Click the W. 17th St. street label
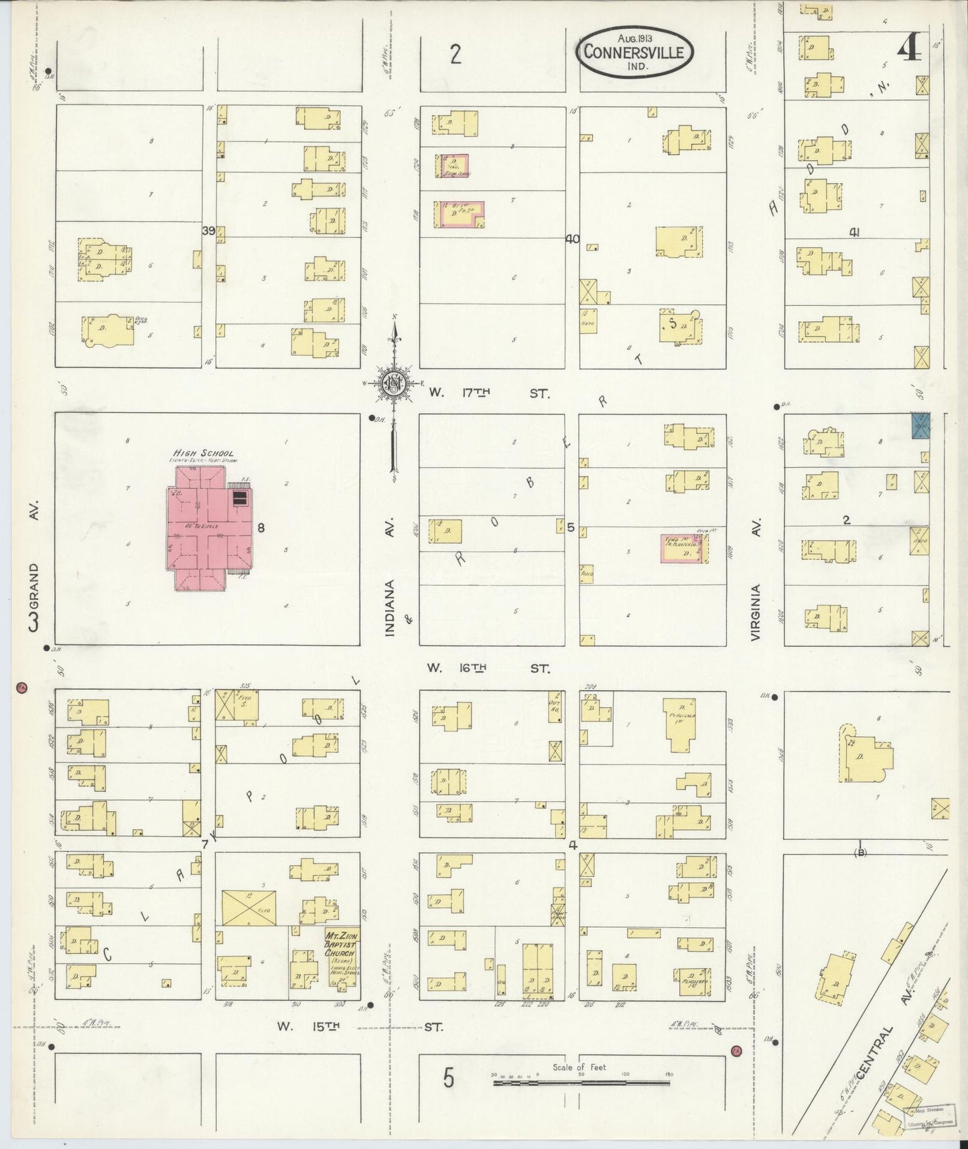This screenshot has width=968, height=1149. point(489,394)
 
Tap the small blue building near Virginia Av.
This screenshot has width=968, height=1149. point(921,426)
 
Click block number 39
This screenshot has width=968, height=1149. point(208,231)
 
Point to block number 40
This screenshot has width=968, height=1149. point(572,239)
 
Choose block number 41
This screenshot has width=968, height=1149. point(854,233)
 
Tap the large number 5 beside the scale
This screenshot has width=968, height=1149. point(449,1079)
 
